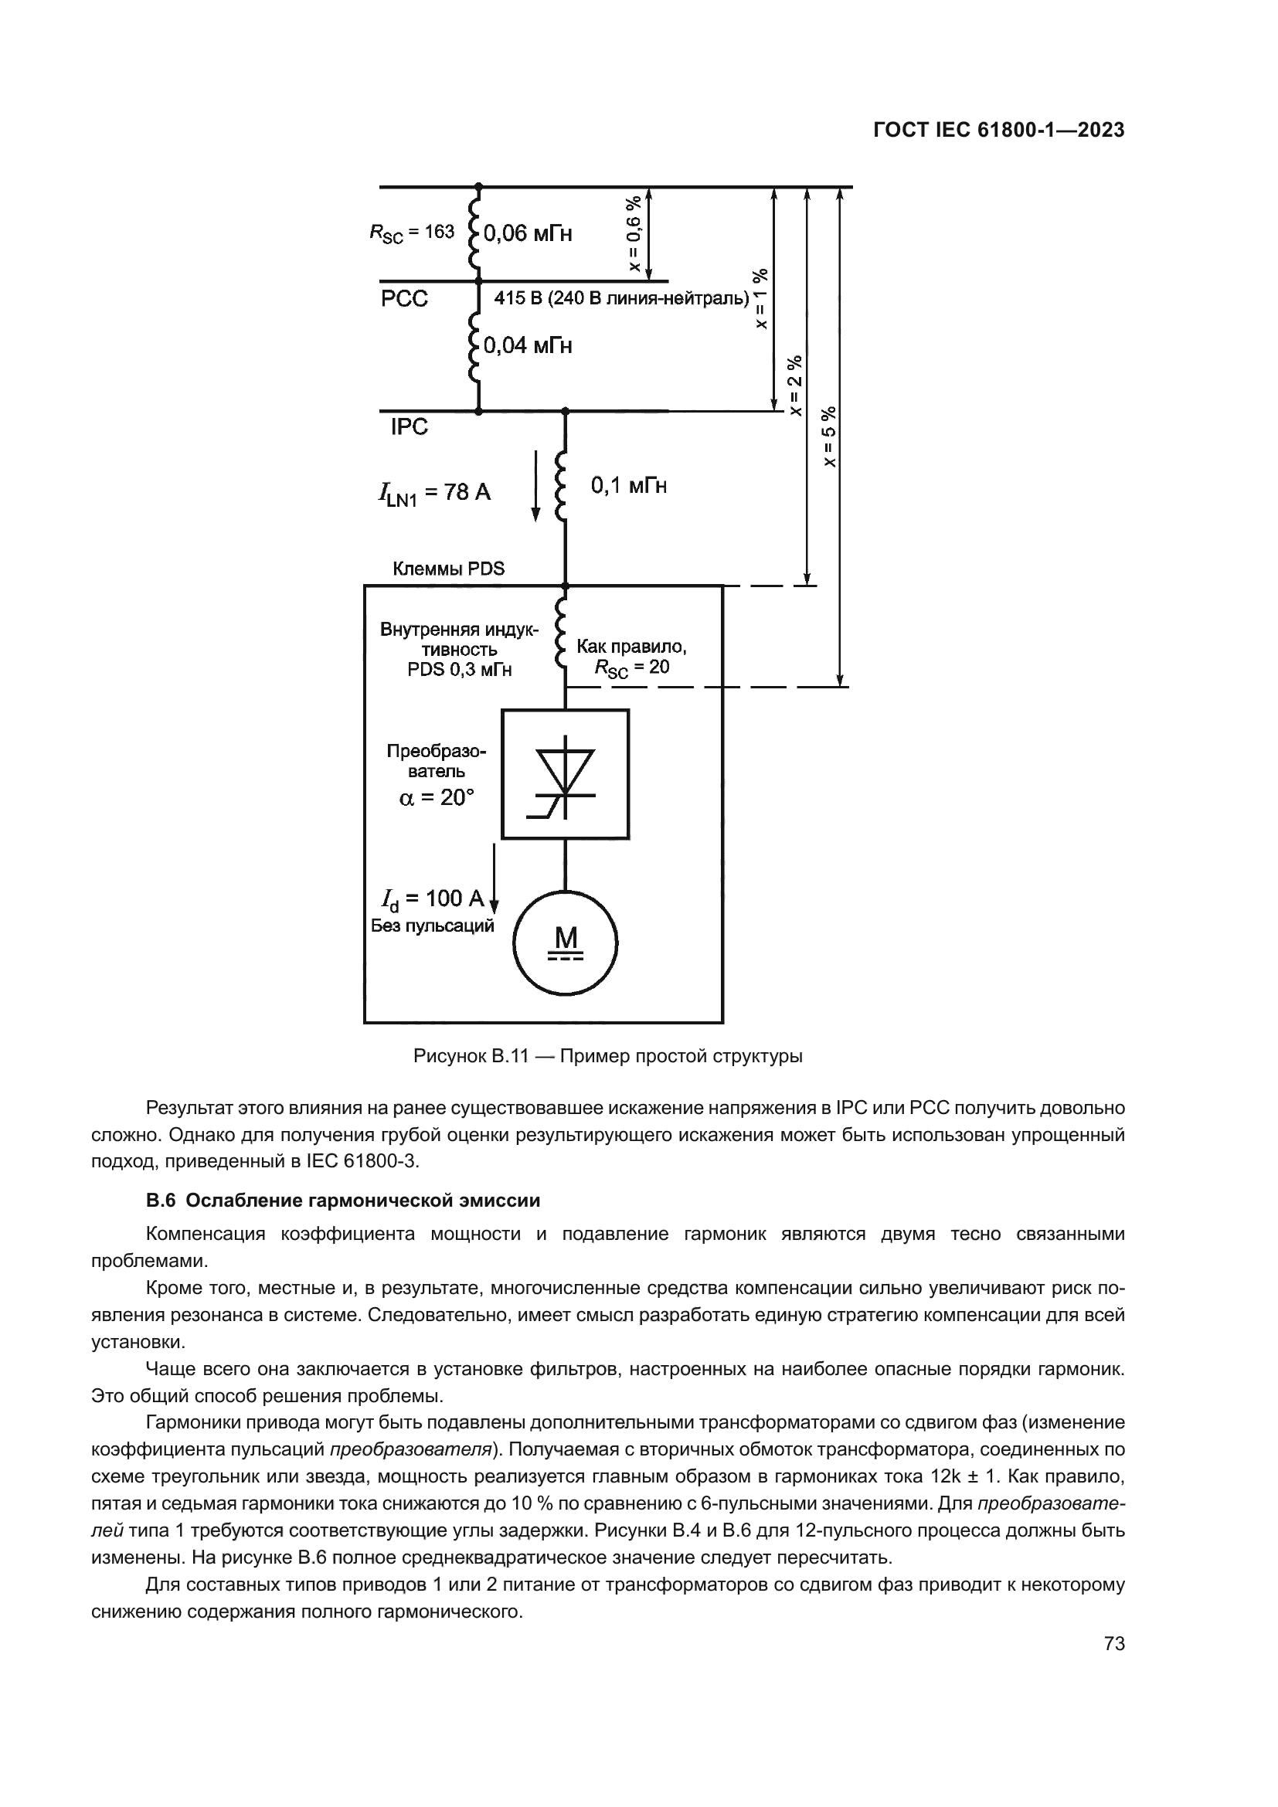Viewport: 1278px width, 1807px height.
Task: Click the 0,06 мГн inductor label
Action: point(527,233)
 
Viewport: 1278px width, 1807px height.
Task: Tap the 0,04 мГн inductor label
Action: point(527,345)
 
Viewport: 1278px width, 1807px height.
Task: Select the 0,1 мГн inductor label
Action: point(629,486)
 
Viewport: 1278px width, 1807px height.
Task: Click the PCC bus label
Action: point(404,299)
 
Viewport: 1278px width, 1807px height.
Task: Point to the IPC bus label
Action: point(410,426)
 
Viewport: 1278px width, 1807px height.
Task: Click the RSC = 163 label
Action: point(413,233)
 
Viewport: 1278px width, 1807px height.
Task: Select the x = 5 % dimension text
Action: point(828,436)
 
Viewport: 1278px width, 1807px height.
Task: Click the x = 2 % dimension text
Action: point(796,385)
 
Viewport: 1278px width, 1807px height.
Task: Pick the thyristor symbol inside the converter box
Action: point(565,774)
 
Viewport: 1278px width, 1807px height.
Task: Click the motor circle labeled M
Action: point(565,943)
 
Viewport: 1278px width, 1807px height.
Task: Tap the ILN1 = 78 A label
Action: point(433,494)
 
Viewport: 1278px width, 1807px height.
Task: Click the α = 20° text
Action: point(437,798)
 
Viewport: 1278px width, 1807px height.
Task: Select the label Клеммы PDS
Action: point(449,569)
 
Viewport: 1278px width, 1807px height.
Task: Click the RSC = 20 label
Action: point(632,667)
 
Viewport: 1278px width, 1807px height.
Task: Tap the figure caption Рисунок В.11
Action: point(607,1056)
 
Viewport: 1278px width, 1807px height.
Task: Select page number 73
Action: point(1114,1643)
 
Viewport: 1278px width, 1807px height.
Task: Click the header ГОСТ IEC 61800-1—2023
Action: point(998,131)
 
